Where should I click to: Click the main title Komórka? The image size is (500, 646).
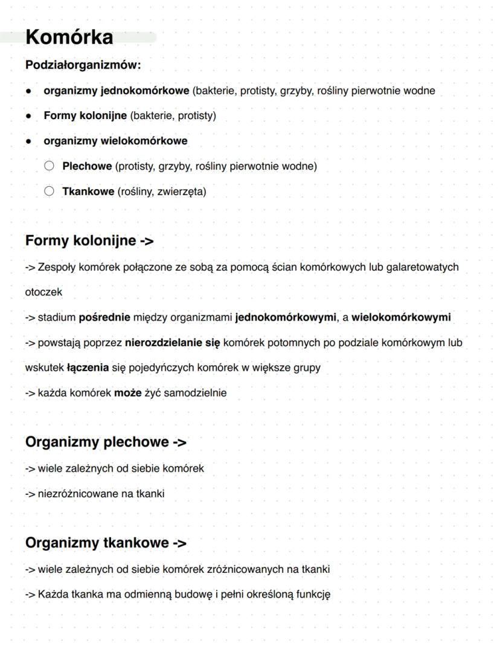(69, 37)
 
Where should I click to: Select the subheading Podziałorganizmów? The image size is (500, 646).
(83, 65)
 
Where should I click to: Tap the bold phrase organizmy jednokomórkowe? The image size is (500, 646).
(116, 91)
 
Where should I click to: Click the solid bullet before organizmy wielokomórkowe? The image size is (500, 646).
(28, 141)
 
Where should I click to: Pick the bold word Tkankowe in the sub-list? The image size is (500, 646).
(88, 192)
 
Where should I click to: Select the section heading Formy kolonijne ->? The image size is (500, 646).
(89, 241)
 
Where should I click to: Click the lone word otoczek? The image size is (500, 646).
(43, 292)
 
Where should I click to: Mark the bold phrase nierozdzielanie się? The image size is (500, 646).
(173, 343)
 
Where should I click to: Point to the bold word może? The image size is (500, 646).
(127, 393)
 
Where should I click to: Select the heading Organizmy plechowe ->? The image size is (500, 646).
(106, 442)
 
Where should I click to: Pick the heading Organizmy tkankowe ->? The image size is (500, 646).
(106, 543)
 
